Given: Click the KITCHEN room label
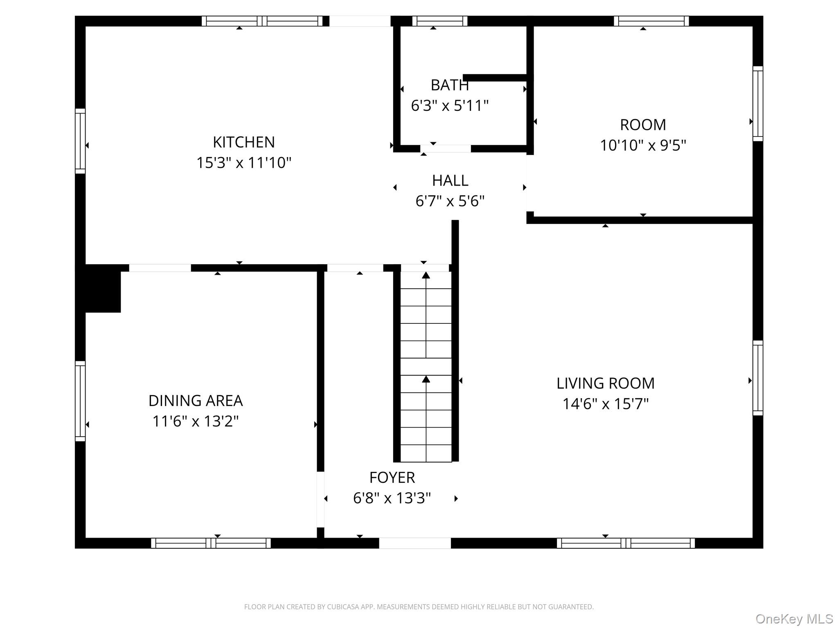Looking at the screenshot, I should click(243, 142).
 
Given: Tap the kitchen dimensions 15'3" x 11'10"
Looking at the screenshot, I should click(243, 163).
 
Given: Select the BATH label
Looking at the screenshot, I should click(449, 85).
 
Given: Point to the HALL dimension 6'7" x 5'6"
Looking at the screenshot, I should click(450, 201).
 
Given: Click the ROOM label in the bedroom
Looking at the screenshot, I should click(642, 125).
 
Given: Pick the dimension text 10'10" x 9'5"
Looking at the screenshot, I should click(642, 145).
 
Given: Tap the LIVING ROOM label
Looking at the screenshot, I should click(605, 383).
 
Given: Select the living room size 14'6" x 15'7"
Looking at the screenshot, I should click(605, 404).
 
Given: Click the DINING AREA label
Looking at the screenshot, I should click(196, 401).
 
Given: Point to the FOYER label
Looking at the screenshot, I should click(392, 477).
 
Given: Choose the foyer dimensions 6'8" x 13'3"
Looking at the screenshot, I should click(392, 498).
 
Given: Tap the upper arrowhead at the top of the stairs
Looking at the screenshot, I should click(426, 275).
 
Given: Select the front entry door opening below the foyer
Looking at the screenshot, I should click(414, 543).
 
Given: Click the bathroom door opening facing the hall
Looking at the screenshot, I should click(445, 148).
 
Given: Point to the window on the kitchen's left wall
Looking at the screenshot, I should click(80, 141).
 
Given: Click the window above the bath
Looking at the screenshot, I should click(439, 21).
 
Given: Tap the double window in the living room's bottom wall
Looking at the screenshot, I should click(625, 543).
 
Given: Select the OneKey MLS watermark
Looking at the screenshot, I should click(794, 619).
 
